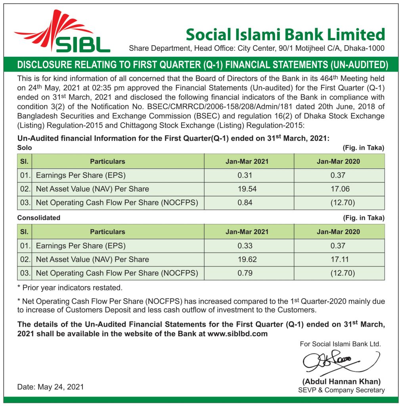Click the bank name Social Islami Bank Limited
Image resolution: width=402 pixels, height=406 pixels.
(x=285, y=34)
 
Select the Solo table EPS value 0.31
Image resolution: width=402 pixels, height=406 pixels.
(x=245, y=175)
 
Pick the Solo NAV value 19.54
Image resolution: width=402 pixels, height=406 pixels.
(x=247, y=189)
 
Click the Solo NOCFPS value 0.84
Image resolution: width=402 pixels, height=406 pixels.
(x=245, y=203)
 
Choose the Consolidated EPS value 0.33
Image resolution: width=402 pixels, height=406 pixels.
(x=245, y=246)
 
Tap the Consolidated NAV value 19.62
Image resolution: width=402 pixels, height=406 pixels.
(x=247, y=260)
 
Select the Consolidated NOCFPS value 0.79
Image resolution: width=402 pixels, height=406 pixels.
(x=245, y=273)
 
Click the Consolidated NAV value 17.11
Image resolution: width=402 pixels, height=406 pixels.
(x=338, y=260)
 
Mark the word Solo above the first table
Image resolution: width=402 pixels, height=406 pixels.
(x=24, y=147)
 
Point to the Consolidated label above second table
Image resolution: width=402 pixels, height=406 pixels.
(x=39, y=218)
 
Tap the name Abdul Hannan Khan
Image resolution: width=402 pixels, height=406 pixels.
(x=341, y=381)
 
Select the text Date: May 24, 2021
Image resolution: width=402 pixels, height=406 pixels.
(x=51, y=387)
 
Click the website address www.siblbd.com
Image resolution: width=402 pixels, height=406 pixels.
(x=237, y=334)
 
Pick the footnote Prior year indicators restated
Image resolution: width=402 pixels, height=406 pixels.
(x=70, y=287)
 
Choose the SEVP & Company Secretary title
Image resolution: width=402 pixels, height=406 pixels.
(x=341, y=390)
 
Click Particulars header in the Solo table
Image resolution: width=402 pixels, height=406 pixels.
(x=107, y=161)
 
